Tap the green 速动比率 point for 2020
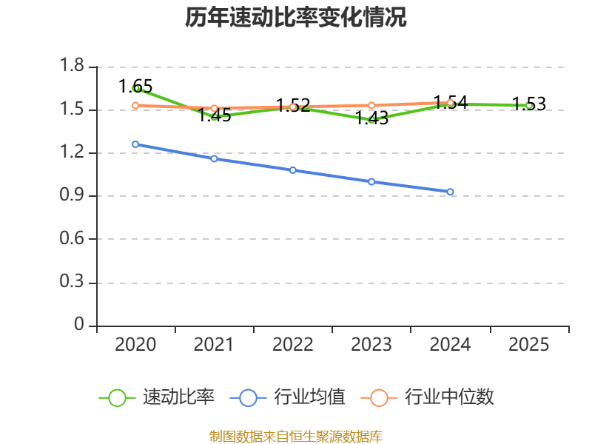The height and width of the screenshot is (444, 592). click(136, 88)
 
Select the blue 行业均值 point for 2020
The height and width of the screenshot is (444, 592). click(135, 144)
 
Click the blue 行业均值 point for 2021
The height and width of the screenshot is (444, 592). click(214, 158)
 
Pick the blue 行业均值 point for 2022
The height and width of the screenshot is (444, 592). click(293, 170)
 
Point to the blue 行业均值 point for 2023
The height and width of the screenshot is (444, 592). click(371, 181)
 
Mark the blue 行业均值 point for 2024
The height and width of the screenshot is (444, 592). click(450, 192)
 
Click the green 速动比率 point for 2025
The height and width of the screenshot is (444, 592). click(529, 106)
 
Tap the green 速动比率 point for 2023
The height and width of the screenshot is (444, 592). click(371, 119)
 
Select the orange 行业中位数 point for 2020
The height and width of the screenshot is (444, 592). click(135, 105)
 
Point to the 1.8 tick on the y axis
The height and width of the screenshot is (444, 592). click(73, 67)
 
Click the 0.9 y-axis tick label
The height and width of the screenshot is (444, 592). click(73, 196)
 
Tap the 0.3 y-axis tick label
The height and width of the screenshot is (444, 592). click(73, 283)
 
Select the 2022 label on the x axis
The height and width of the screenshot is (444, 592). click(293, 345)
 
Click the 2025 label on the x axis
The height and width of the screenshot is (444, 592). click(529, 345)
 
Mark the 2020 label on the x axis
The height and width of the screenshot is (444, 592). click(135, 345)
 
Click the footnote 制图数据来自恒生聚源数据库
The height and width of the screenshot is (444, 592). click(296, 437)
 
